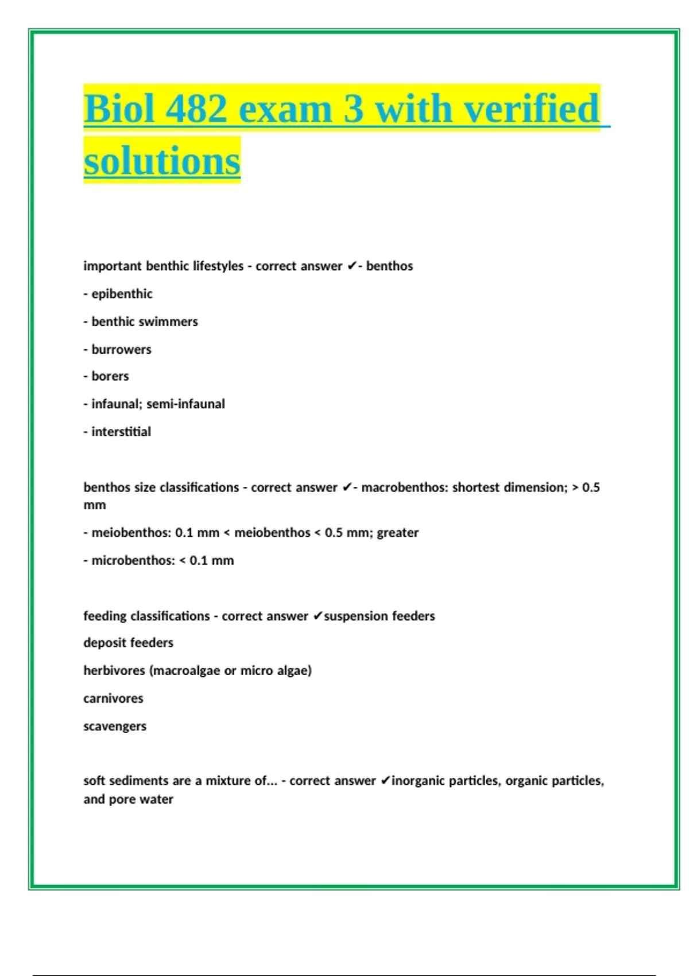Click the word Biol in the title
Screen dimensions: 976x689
click(x=119, y=109)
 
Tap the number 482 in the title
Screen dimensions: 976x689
click(x=196, y=109)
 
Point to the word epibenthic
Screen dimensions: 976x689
click(x=122, y=294)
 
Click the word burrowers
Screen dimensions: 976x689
click(x=121, y=350)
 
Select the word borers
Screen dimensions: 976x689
click(x=110, y=377)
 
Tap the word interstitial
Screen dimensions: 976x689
click(x=121, y=432)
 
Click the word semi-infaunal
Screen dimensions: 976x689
click(x=185, y=404)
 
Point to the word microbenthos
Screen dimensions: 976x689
click(x=133, y=560)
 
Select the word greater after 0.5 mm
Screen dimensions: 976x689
click(x=397, y=533)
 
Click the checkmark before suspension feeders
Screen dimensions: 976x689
click(x=318, y=616)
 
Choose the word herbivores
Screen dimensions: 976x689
click(x=114, y=671)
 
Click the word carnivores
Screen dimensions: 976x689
click(x=113, y=699)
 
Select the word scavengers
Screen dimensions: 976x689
click(x=115, y=726)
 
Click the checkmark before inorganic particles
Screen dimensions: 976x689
click(x=385, y=781)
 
